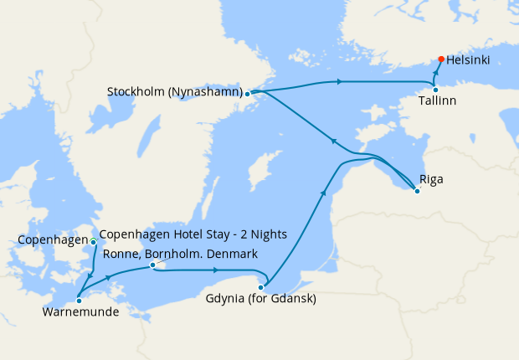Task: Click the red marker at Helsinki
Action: tap(441, 59)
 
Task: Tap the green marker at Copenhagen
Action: tap(93, 242)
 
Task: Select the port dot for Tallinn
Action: tap(435, 90)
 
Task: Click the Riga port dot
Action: tap(417, 191)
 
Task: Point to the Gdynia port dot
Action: tap(260, 287)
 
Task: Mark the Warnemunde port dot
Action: tap(78, 299)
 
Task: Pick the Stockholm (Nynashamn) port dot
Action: tap(247, 94)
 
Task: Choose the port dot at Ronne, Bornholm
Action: tap(152, 265)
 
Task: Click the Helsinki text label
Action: tap(469, 60)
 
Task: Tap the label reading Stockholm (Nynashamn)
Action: tap(174, 90)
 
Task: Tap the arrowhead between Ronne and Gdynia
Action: tap(215, 270)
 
